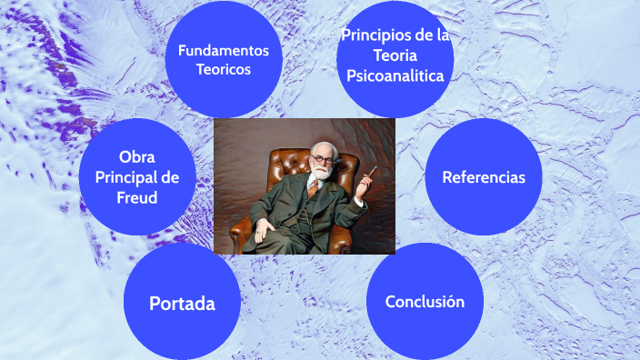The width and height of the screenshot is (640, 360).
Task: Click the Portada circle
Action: (182, 302)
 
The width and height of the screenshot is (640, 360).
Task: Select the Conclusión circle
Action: (425, 301)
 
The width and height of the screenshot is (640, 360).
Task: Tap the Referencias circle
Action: (483, 177)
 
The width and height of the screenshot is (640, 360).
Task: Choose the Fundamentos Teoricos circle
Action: (224, 59)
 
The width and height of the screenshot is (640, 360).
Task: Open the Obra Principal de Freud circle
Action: (136, 176)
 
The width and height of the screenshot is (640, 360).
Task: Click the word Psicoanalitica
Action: (395, 76)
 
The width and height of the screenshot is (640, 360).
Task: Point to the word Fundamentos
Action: (224, 50)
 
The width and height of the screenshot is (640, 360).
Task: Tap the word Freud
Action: (137, 195)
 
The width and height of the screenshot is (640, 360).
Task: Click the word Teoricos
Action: (224, 69)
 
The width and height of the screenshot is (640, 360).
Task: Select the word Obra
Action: (137, 156)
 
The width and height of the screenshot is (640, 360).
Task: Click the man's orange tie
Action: (313, 187)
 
